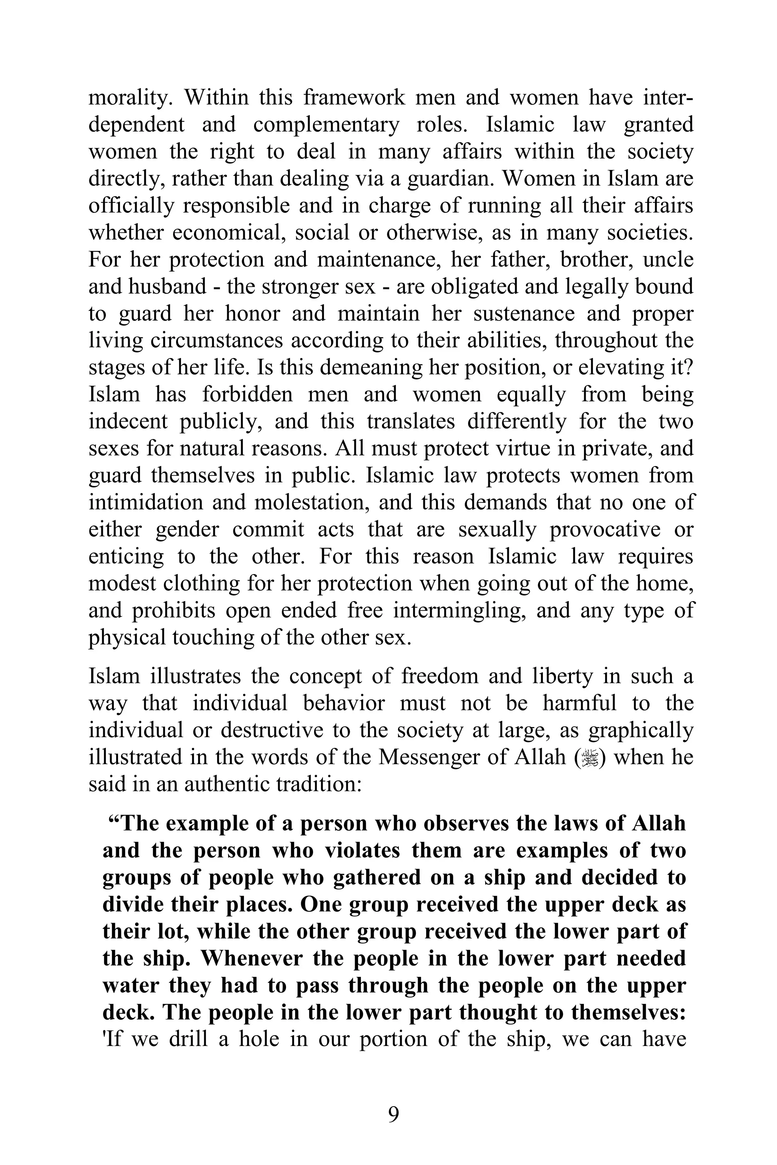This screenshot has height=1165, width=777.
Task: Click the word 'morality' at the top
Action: pos(129,97)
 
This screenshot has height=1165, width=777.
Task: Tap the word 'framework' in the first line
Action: pos(354,97)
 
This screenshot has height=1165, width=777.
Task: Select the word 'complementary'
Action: pos(326,124)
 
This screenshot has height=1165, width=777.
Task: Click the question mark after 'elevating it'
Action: pos(688,367)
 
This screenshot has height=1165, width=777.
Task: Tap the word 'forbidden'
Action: pos(247,394)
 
